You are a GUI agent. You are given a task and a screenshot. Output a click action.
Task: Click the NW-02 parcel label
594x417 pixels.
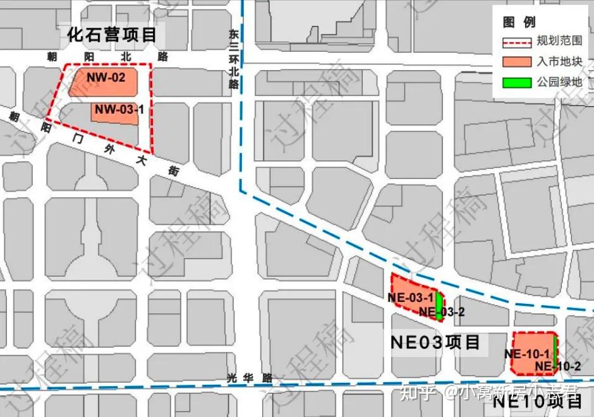[106, 78]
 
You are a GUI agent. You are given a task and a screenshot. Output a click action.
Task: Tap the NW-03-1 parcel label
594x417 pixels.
[119, 110]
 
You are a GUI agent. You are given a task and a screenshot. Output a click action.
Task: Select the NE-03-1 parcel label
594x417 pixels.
[411, 298]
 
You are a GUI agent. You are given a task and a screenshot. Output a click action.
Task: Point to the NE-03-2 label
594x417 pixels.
[442, 311]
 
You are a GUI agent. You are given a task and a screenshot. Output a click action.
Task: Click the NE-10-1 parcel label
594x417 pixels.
[526, 354]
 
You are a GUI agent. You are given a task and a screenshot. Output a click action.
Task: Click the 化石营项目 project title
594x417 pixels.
[111, 34]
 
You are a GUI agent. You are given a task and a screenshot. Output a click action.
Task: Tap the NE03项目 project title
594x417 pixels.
[435, 343]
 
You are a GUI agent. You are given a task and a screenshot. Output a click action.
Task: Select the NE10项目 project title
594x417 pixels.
[538, 401]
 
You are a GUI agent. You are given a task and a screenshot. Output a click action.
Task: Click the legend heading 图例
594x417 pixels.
[519, 22]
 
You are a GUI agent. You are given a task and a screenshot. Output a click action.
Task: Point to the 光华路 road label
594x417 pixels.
[249, 378]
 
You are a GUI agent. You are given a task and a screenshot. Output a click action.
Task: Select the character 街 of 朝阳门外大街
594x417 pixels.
[173, 171]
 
